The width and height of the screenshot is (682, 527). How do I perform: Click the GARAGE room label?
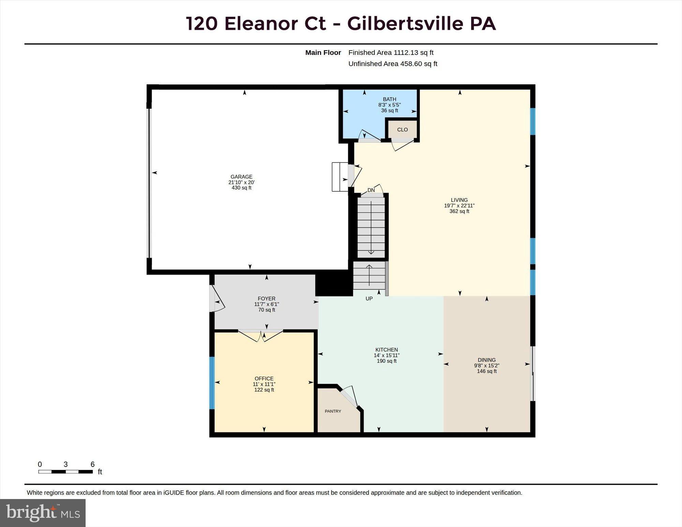pyautogui.click(x=241, y=177)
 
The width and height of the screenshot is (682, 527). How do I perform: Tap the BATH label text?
pyautogui.click(x=389, y=99)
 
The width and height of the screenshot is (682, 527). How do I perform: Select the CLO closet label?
pyautogui.click(x=402, y=130)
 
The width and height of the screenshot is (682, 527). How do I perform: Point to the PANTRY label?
pyautogui.click(x=333, y=411)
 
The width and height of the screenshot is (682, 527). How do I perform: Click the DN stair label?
pyautogui.click(x=371, y=190)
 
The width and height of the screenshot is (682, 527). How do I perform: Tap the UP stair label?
pyautogui.click(x=369, y=298)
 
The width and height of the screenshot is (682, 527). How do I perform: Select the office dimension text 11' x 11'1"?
pyautogui.click(x=264, y=384)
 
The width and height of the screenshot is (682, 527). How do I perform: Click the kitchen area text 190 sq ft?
pyautogui.click(x=387, y=361)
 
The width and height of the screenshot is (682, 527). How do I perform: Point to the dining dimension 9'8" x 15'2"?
pyautogui.click(x=487, y=365)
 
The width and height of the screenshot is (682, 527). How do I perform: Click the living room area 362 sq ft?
pyautogui.click(x=459, y=211)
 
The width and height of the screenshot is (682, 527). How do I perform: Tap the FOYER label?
pyautogui.click(x=267, y=298)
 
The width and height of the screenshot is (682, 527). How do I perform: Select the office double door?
pyautogui.click(x=261, y=335)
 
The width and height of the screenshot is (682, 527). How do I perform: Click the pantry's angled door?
pyautogui.click(x=349, y=396)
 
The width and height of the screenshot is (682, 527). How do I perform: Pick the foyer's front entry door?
pyautogui.click(x=217, y=298)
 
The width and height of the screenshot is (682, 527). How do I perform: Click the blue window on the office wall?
pyautogui.click(x=212, y=383)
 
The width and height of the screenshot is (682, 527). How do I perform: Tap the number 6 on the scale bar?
pyautogui.click(x=92, y=464)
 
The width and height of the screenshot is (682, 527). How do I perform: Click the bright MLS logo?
pyautogui.click(x=43, y=513)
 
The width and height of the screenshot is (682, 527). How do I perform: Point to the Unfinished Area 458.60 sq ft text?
pyautogui.click(x=393, y=64)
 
